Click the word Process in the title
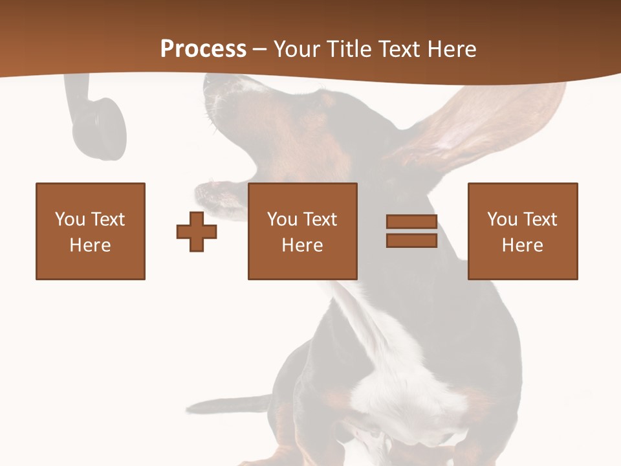coord(203,49)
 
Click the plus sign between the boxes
coord(197,232)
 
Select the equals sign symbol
coord(411,231)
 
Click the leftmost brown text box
coord(91,231)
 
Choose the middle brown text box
coord(302,231)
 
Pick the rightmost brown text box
coord(522,231)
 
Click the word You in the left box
coord(69,219)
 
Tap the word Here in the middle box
coord(302,245)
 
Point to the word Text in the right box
coord(539,219)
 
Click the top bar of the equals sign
coord(411,222)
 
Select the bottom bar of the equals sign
coord(411,241)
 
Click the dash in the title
coord(259,50)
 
